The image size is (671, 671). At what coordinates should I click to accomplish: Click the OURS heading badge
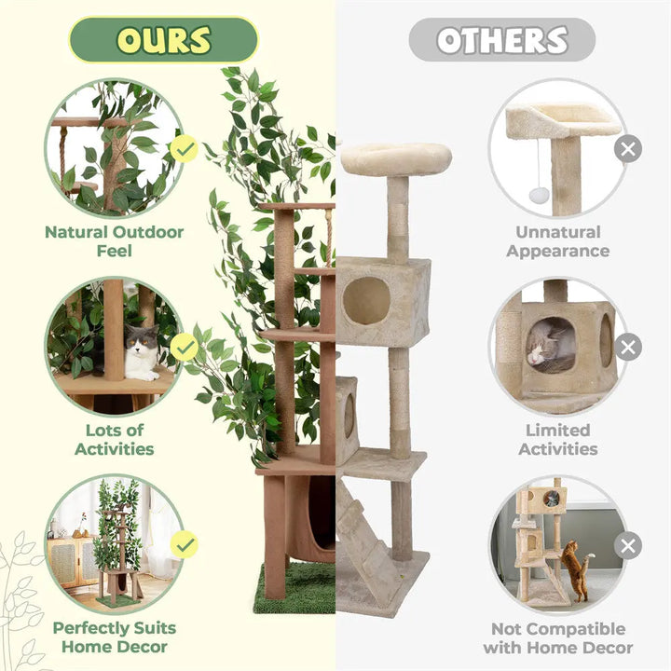tap(163, 39)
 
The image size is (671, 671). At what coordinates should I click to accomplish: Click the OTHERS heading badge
tap(501, 39)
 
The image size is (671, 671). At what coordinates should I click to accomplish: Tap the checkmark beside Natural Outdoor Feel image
tap(185, 148)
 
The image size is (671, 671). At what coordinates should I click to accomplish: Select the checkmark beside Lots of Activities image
tap(185, 347)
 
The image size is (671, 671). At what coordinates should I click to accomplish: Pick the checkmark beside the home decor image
tap(185, 544)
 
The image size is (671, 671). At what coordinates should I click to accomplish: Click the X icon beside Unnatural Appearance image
tap(628, 148)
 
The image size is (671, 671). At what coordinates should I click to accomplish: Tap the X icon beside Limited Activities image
tap(628, 348)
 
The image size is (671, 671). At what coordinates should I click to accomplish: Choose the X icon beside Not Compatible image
tap(628, 545)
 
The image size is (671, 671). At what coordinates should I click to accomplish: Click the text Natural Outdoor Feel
tap(115, 241)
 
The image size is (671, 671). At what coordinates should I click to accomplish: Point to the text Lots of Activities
tap(115, 439)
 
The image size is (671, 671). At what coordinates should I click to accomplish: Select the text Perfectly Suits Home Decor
tap(115, 637)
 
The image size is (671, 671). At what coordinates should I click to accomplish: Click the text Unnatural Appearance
tap(558, 241)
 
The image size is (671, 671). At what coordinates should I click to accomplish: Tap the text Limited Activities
tap(558, 439)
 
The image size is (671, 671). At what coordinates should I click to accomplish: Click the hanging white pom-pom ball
tap(538, 195)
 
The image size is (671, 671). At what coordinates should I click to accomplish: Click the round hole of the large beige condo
tap(367, 300)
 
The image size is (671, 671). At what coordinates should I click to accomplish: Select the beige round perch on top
tap(395, 157)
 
